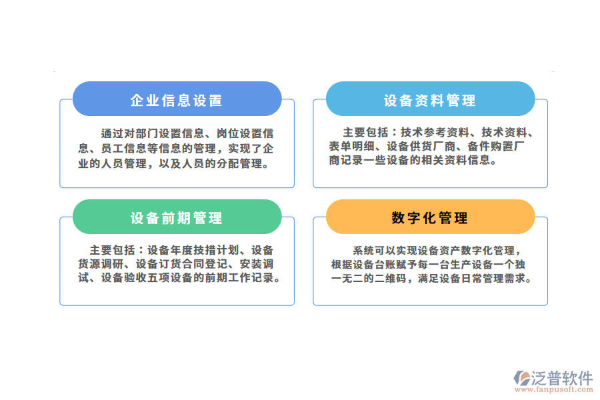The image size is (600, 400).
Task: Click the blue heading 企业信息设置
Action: point(177,101)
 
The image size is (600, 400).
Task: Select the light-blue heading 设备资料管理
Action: point(430,101)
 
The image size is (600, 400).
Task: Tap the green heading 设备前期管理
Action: point(177,218)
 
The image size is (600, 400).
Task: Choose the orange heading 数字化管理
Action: point(430,218)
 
